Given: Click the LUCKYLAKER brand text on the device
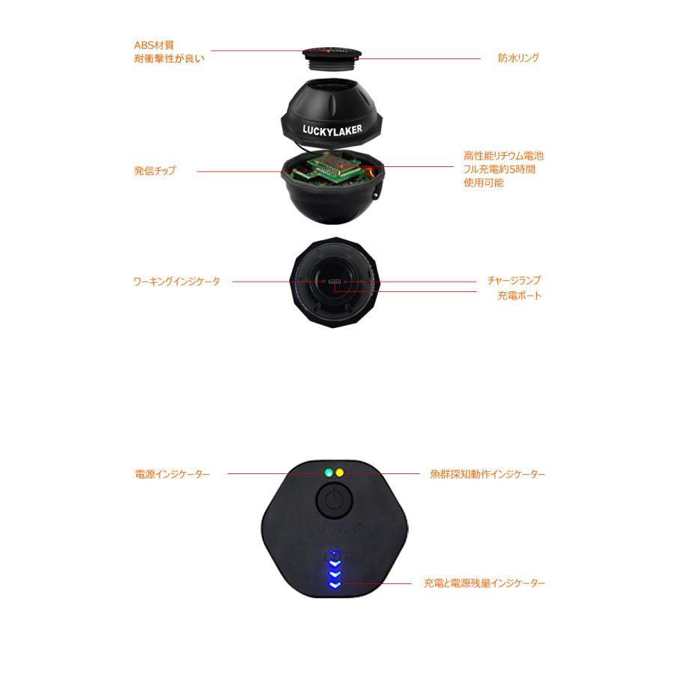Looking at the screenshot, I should (332, 129).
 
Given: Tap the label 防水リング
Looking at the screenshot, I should (518, 58).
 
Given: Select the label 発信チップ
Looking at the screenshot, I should (155, 171).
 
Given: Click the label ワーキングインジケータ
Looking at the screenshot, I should (177, 282).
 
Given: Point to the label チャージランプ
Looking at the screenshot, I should (514, 280).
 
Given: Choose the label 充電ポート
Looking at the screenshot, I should (519, 296).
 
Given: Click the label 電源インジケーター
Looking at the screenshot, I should (172, 474).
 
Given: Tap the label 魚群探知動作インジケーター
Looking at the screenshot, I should (488, 474).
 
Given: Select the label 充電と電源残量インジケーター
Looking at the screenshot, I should (484, 583).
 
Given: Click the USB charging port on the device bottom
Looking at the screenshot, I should (335, 282).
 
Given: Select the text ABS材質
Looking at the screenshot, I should (154, 45).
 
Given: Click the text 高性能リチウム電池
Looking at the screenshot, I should (503, 157).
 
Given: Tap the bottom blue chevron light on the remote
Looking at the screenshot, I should (334, 585).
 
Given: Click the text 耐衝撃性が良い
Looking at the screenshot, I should (168, 58).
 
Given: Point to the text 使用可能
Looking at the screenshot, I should (483, 182).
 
